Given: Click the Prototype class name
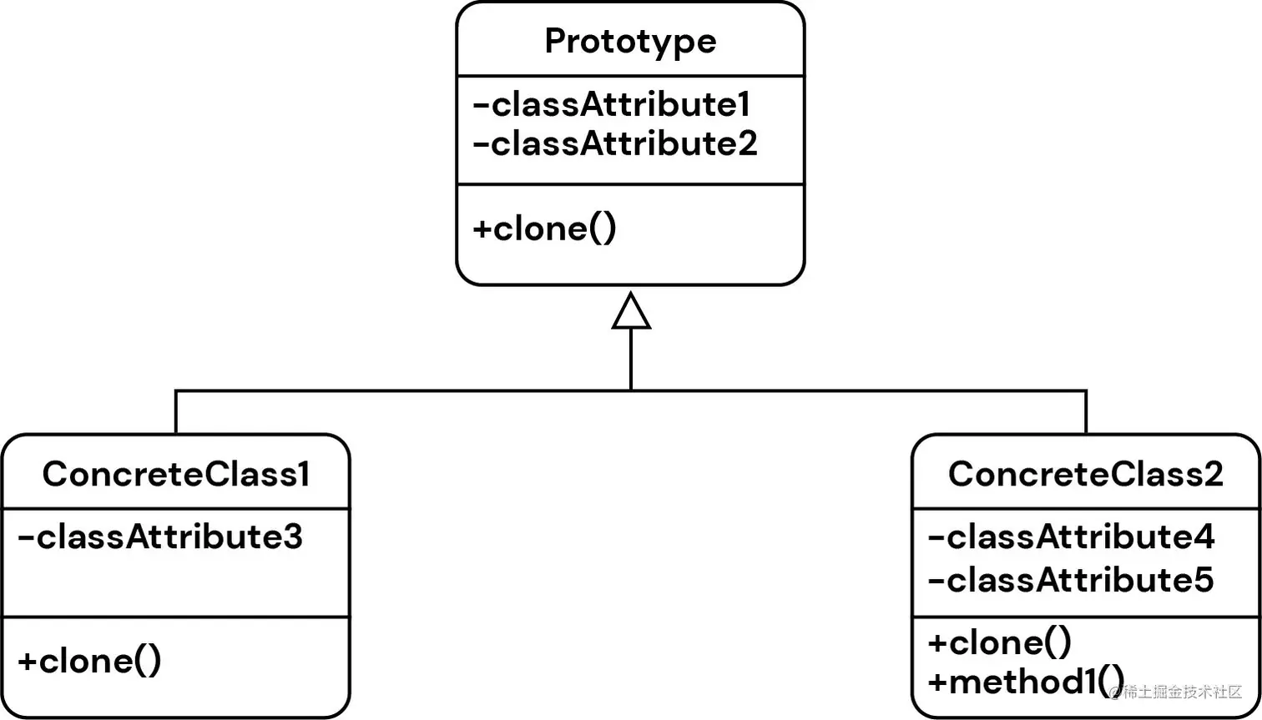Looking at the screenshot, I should coord(630,42).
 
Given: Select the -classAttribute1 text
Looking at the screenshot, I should coord(611,105).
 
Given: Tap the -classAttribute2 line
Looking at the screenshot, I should coord(614,144).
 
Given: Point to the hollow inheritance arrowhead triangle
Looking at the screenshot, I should coord(631,314).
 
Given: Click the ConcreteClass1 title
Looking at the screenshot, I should coord(176,474).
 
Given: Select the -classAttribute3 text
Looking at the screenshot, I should coord(160,537).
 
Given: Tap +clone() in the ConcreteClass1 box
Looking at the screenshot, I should coord(89,661).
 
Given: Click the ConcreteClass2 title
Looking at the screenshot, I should coord(1085,474).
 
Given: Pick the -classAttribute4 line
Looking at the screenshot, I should coord(1071,537).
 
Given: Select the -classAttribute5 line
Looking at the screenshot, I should coord(1071,580).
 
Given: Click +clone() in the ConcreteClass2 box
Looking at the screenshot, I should coord(999,642).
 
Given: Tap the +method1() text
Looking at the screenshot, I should coord(1026,682).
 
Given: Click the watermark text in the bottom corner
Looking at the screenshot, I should coord(1177,692).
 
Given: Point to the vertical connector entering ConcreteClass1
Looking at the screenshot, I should coord(176,411).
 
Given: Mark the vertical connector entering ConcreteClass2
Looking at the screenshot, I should coord(1086,411).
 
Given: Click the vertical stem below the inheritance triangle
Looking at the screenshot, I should coord(631,359).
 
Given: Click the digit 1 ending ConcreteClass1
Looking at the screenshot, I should coord(302,474).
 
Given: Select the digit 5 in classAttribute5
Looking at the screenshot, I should coord(1203,580).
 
